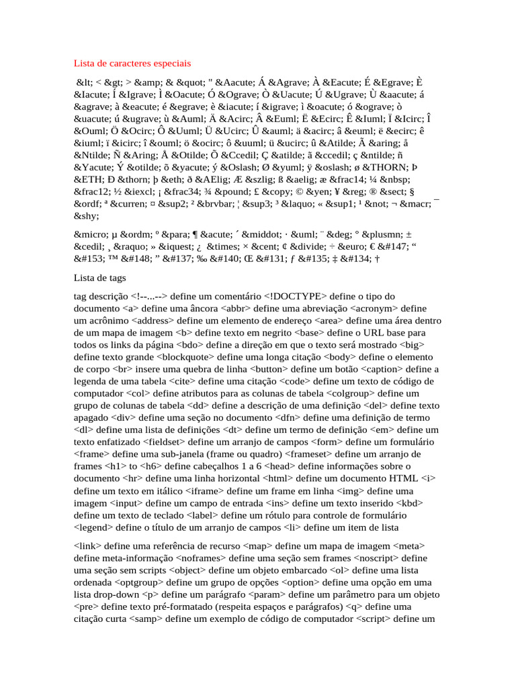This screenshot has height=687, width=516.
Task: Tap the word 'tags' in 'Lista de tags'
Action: click(x=115, y=277)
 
